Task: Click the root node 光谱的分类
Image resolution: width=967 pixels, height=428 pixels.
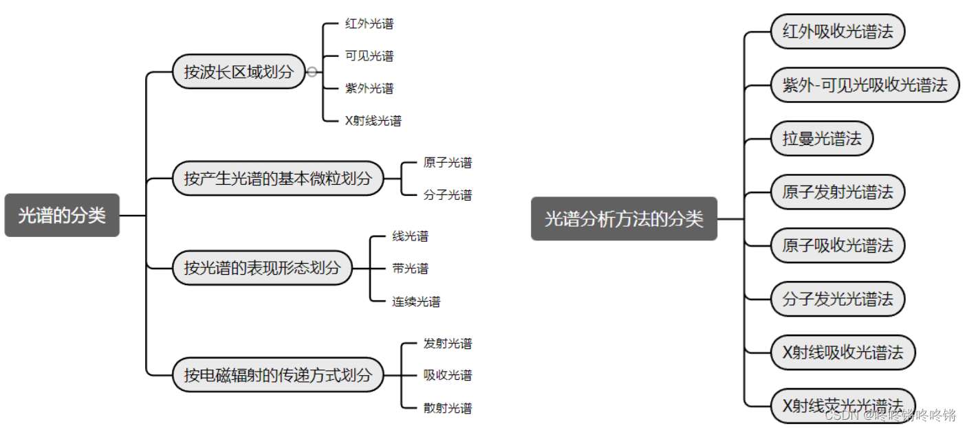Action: coord(62,215)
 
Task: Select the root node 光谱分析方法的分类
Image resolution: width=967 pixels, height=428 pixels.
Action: coord(624,218)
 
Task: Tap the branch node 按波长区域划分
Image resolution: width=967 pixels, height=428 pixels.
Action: coord(238,71)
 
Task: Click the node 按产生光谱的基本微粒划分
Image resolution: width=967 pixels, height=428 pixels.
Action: coord(277,179)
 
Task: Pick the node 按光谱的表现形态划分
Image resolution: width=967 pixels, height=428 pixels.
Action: coord(261,268)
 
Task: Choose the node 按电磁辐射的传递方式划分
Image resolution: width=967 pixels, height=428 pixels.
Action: coord(277,375)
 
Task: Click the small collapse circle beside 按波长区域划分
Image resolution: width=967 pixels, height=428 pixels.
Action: coord(312,71)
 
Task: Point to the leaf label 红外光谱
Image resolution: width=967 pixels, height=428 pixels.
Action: coord(369,24)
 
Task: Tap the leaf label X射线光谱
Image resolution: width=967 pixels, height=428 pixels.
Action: coord(373,121)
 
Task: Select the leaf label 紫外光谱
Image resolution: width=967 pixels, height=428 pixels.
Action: coord(369,88)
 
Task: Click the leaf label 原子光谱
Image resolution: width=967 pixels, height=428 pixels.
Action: coord(448,163)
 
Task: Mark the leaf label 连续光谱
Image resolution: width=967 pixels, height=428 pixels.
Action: coord(416,301)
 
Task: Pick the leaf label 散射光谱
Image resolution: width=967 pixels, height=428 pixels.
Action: coord(448,408)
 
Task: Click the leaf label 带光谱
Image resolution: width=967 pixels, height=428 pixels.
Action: coord(410,269)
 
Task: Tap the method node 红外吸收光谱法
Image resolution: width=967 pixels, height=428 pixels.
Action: coord(837,32)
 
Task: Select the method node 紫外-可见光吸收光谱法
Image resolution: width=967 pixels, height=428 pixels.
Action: coord(865,85)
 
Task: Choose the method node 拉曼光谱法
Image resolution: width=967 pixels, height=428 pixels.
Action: coord(821,139)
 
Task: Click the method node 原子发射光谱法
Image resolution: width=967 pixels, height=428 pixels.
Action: coord(837,192)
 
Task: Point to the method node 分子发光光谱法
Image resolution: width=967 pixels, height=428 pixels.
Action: coord(837,300)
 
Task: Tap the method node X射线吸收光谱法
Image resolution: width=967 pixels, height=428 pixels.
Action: coord(843,352)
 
